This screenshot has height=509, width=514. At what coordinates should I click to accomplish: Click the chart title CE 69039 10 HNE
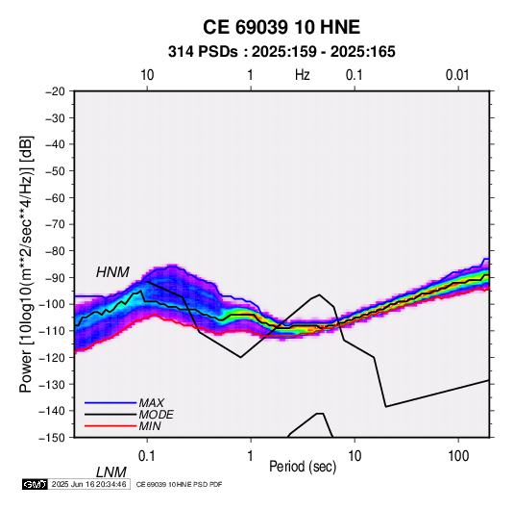click(281, 27)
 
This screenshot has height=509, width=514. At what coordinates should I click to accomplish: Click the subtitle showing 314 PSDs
click(281, 52)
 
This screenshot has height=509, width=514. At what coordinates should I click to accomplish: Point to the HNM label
click(112, 272)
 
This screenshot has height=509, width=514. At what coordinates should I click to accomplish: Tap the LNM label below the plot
click(110, 472)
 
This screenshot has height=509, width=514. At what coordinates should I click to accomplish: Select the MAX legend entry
click(151, 403)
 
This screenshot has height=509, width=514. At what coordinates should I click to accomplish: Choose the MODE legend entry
click(156, 415)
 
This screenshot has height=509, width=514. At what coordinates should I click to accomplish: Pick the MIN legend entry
click(150, 426)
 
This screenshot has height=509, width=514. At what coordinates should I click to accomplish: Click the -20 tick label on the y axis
click(55, 91)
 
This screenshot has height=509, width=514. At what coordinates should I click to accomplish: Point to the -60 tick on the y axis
click(55, 197)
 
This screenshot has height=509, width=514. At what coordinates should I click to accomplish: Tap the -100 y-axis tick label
click(52, 304)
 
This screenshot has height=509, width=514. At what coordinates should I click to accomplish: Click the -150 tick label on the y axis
click(52, 438)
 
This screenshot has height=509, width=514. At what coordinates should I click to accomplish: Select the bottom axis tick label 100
click(458, 456)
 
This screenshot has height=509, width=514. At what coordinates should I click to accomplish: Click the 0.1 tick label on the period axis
click(147, 456)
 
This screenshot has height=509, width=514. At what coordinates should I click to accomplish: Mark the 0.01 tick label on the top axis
click(457, 75)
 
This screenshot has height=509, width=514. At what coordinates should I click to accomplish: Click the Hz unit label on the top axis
click(303, 75)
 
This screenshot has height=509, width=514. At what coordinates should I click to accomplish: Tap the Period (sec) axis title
click(303, 467)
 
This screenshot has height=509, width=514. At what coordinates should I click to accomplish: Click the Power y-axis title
click(26, 264)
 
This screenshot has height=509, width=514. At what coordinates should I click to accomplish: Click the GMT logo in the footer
click(36, 484)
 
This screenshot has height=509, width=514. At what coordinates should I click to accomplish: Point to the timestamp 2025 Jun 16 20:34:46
click(88, 484)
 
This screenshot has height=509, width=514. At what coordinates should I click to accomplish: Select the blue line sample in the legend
click(110, 403)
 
